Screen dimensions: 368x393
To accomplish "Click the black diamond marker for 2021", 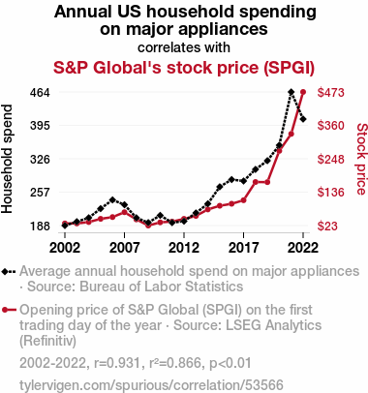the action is click(291, 92).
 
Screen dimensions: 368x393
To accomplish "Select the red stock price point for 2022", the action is click(303, 92).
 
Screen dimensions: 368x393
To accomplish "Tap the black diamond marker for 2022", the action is click(303, 119).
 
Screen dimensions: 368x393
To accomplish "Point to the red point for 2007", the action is click(124, 212).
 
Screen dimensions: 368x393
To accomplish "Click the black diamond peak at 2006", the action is click(112, 200).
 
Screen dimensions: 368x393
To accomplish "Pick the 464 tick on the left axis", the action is click(40, 93).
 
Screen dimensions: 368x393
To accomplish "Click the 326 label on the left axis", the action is click(40, 160).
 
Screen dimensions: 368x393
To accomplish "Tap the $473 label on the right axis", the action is click(331, 93).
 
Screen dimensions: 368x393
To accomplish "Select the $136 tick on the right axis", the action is click(331, 193).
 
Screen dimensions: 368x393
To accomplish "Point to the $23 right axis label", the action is click(327, 226).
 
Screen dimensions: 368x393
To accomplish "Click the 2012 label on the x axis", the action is click(184, 248).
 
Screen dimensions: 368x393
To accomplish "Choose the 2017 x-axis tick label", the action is click(243, 248).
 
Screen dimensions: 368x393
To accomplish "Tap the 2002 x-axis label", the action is click(65, 248).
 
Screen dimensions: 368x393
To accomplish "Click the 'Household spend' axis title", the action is click(7, 159).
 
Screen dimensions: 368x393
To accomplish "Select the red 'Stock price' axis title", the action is click(362, 159).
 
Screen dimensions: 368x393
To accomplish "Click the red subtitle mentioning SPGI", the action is click(184, 68).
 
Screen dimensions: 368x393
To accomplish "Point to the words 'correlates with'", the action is click(184, 47).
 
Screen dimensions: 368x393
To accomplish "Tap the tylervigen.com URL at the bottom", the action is click(151, 385).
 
